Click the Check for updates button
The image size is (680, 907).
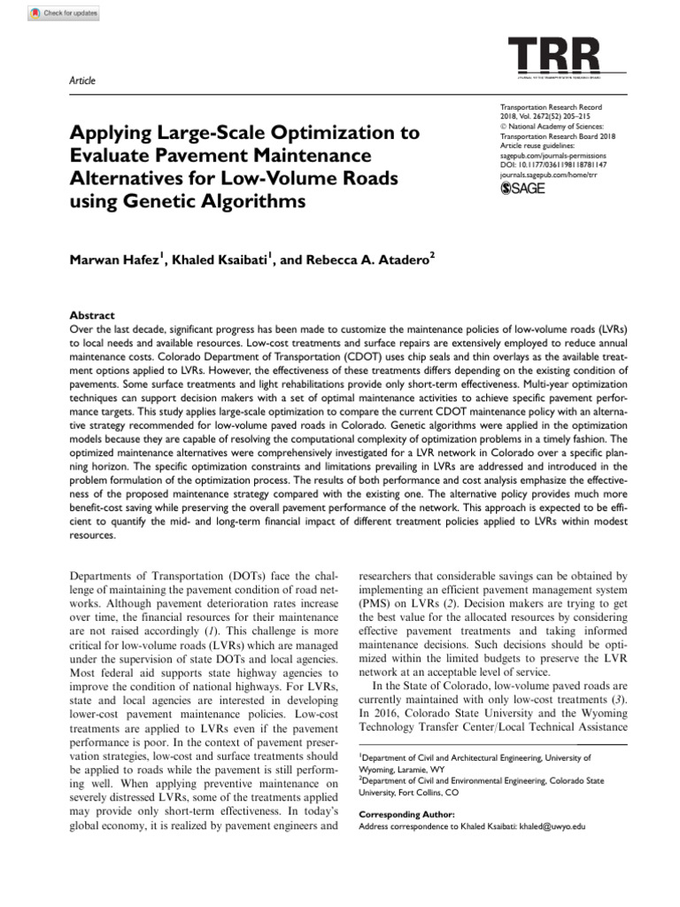point(64,13)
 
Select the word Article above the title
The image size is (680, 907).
point(82,81)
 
